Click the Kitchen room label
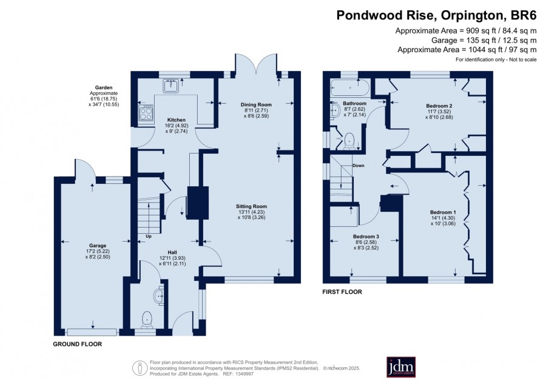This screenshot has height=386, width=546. coord(176,120)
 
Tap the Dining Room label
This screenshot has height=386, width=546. coord(256,104)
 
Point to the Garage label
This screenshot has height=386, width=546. coord(98,246)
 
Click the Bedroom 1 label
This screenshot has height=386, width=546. coord(443,212)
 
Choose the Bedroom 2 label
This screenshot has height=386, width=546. coord(439,106)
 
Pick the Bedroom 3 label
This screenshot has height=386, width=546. coord(366,237)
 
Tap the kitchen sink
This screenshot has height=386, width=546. coord(170,86)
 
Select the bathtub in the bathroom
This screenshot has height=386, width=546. coord(350,87)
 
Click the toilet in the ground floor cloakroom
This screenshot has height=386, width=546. coord(147,319)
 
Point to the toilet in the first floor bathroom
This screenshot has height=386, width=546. coord(349,141)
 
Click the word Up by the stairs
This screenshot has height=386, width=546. coord(149,236)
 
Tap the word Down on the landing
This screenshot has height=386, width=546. coord(359,166)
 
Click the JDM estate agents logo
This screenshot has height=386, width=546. coord(401,367)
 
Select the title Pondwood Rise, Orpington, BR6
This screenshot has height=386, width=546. coord(436,15)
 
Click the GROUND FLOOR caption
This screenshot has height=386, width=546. coord(77,344)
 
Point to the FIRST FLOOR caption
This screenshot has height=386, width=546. coord(342,292)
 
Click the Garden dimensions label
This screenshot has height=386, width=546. coord(104,96)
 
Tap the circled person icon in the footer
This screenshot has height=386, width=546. coord(140,368)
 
